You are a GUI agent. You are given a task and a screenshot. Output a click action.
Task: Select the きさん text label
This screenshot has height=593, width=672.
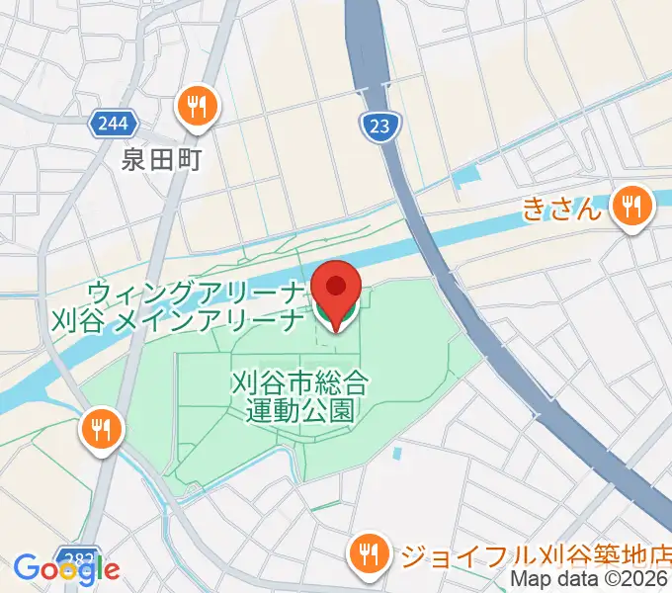tap(561, 209)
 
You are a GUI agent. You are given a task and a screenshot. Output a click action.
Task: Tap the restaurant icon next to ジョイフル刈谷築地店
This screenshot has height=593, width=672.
tap(370, 553)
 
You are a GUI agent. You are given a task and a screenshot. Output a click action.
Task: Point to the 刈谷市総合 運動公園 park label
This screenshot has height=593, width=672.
tap(300, 393)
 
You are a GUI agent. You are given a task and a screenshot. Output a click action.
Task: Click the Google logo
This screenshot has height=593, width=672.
tap(66, 569)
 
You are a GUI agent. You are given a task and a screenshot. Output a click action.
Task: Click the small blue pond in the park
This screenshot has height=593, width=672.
tap(397, 454)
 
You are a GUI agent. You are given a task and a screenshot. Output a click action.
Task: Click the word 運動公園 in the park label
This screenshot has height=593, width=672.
tap(300, 408)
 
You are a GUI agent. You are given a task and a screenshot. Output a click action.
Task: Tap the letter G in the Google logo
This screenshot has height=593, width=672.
tap(28, 568)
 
